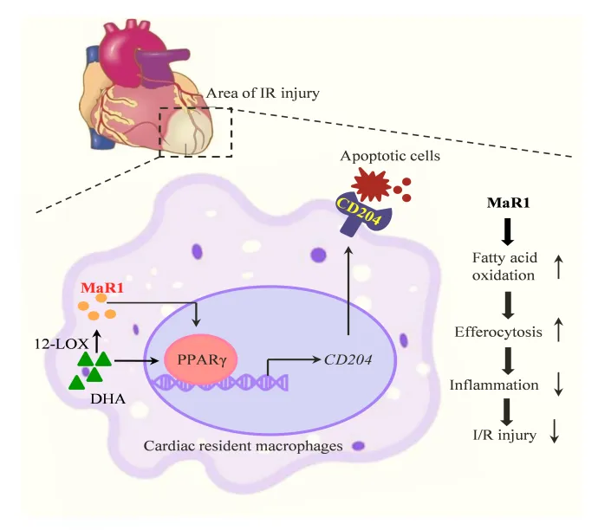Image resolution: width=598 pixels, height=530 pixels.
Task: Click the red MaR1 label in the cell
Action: (98, 288)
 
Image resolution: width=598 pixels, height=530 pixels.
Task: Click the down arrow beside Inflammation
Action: (560, 382)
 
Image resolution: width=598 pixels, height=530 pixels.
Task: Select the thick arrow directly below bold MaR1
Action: (509, 230)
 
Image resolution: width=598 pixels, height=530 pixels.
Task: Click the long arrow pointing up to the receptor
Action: (348, 289)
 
